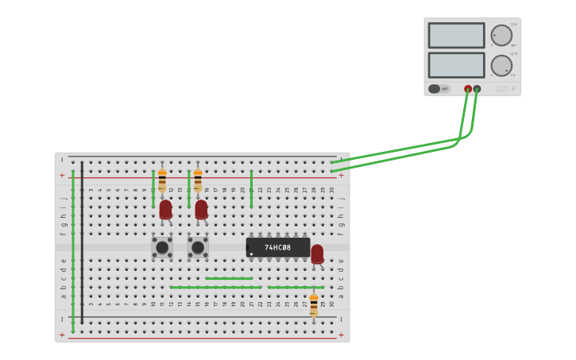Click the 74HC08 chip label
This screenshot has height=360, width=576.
277,247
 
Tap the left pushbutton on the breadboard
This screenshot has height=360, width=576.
162,247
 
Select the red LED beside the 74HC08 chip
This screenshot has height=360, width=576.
317,254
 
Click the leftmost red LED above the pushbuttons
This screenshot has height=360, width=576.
165,209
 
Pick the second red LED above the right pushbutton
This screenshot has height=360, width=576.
201,209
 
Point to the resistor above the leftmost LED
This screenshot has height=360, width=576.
162,180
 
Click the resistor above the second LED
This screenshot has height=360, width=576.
198,180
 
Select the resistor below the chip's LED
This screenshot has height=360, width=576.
314,305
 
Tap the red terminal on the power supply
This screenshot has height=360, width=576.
468,89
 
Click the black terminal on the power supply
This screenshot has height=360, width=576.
477,89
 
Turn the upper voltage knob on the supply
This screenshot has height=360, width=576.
501,36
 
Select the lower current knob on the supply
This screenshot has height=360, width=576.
501,65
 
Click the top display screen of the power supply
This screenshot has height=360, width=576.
456,36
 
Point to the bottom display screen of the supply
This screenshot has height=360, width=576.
456,65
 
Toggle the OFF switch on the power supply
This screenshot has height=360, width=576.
439,89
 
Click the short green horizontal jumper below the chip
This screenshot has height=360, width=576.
229,278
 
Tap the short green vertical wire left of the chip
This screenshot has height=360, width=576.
251,189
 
